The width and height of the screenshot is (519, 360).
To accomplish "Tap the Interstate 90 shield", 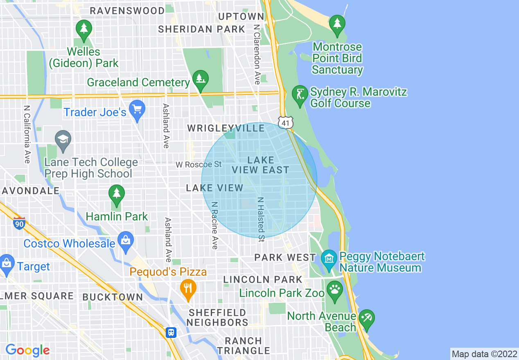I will pos(19,223).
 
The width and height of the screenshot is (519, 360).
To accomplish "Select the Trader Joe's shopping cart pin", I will pos(137,110).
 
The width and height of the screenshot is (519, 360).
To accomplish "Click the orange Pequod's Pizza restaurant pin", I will pos(188,288).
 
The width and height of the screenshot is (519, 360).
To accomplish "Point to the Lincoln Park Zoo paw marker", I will pos(335,291).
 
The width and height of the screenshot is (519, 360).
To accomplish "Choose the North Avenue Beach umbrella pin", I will pos(366,319).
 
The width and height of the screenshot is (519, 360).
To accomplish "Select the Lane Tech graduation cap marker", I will pos(63,139).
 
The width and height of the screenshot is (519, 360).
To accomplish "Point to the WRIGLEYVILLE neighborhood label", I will pos(226,128).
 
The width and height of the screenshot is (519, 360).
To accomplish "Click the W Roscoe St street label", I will pos(199,164).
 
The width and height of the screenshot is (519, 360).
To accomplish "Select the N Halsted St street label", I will pos(261,219).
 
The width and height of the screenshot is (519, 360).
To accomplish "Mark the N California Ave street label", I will pos(27,135).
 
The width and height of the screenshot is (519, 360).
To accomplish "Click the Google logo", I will pos(27,350).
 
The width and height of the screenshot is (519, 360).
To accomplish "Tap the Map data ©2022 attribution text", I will pos(484,353).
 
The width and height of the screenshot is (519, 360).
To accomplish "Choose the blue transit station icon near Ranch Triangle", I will pos(171,333).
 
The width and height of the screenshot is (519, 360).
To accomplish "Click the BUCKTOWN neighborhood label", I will pos(113,297).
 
